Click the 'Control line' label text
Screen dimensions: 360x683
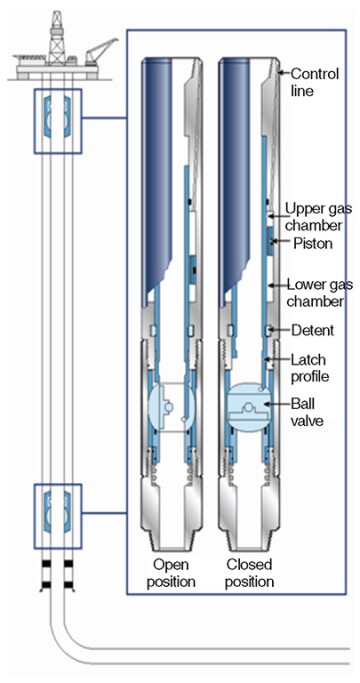314,82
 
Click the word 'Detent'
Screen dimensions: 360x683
312,330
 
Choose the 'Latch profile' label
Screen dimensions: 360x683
309,368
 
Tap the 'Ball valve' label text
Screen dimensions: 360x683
307,412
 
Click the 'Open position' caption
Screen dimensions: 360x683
170,573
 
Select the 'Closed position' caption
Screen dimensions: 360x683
250,573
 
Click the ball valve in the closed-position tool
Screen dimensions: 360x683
250,407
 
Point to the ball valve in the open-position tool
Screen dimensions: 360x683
171,407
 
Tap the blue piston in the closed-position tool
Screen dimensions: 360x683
270,242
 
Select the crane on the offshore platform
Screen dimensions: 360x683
100,51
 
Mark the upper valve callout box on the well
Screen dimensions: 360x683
58,121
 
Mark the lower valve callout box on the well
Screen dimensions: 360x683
58,516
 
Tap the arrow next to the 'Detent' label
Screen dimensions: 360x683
279,330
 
